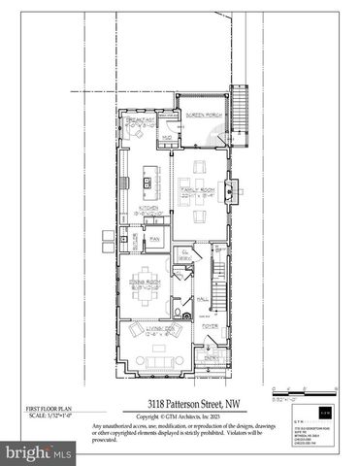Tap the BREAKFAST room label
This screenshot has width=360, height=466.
pos(142,120)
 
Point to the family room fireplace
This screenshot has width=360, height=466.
pos(230,186)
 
